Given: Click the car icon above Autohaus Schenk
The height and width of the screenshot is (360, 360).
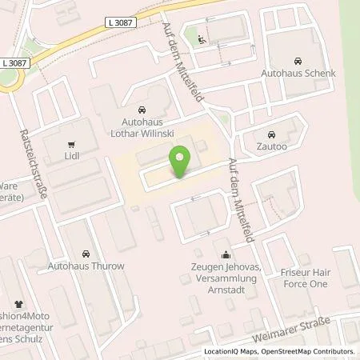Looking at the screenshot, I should [x=298, y=61].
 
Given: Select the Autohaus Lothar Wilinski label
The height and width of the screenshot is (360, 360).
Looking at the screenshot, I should [x=142, y=127].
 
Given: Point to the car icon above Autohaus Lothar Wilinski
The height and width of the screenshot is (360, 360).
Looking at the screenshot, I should [x=142, y=110].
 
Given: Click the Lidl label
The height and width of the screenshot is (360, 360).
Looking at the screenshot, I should [x=73, y=158].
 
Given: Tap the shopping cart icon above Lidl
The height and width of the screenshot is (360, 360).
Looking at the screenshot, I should [x=73, y=145].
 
